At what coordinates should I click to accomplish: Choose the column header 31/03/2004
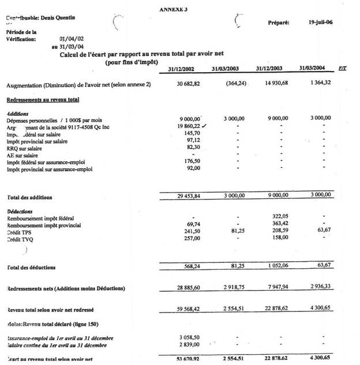pos(312,68)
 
